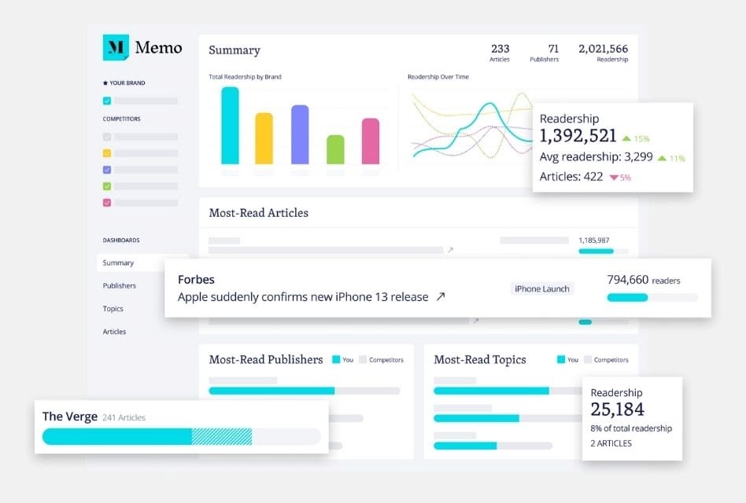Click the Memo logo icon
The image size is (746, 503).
click(x=116, y=48)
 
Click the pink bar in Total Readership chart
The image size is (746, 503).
click(x=371, y=141)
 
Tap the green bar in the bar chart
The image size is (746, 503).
click(x=335, y=149)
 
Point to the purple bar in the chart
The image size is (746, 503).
click(x=300, y=134)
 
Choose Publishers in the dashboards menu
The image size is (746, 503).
click(x=120, y=286)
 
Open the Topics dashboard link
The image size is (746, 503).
click(x=113, y=309)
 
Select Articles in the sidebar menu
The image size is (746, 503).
click(x=115, y=332)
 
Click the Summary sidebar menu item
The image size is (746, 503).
click(x=119, y=263)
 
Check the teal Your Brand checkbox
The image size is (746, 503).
click(x=107, y=101)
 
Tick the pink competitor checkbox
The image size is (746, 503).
click(x=107, y=203)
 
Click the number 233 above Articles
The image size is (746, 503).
click(x=500, y=49)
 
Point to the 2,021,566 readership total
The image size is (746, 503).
click(x=603, y=49)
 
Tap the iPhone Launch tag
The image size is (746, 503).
click(x=542, y=289)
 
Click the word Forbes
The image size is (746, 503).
click(x=196, y=280)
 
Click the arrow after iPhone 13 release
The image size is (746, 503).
click(x=441, y=297)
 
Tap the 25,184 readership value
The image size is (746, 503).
click(x=618, y=409)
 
